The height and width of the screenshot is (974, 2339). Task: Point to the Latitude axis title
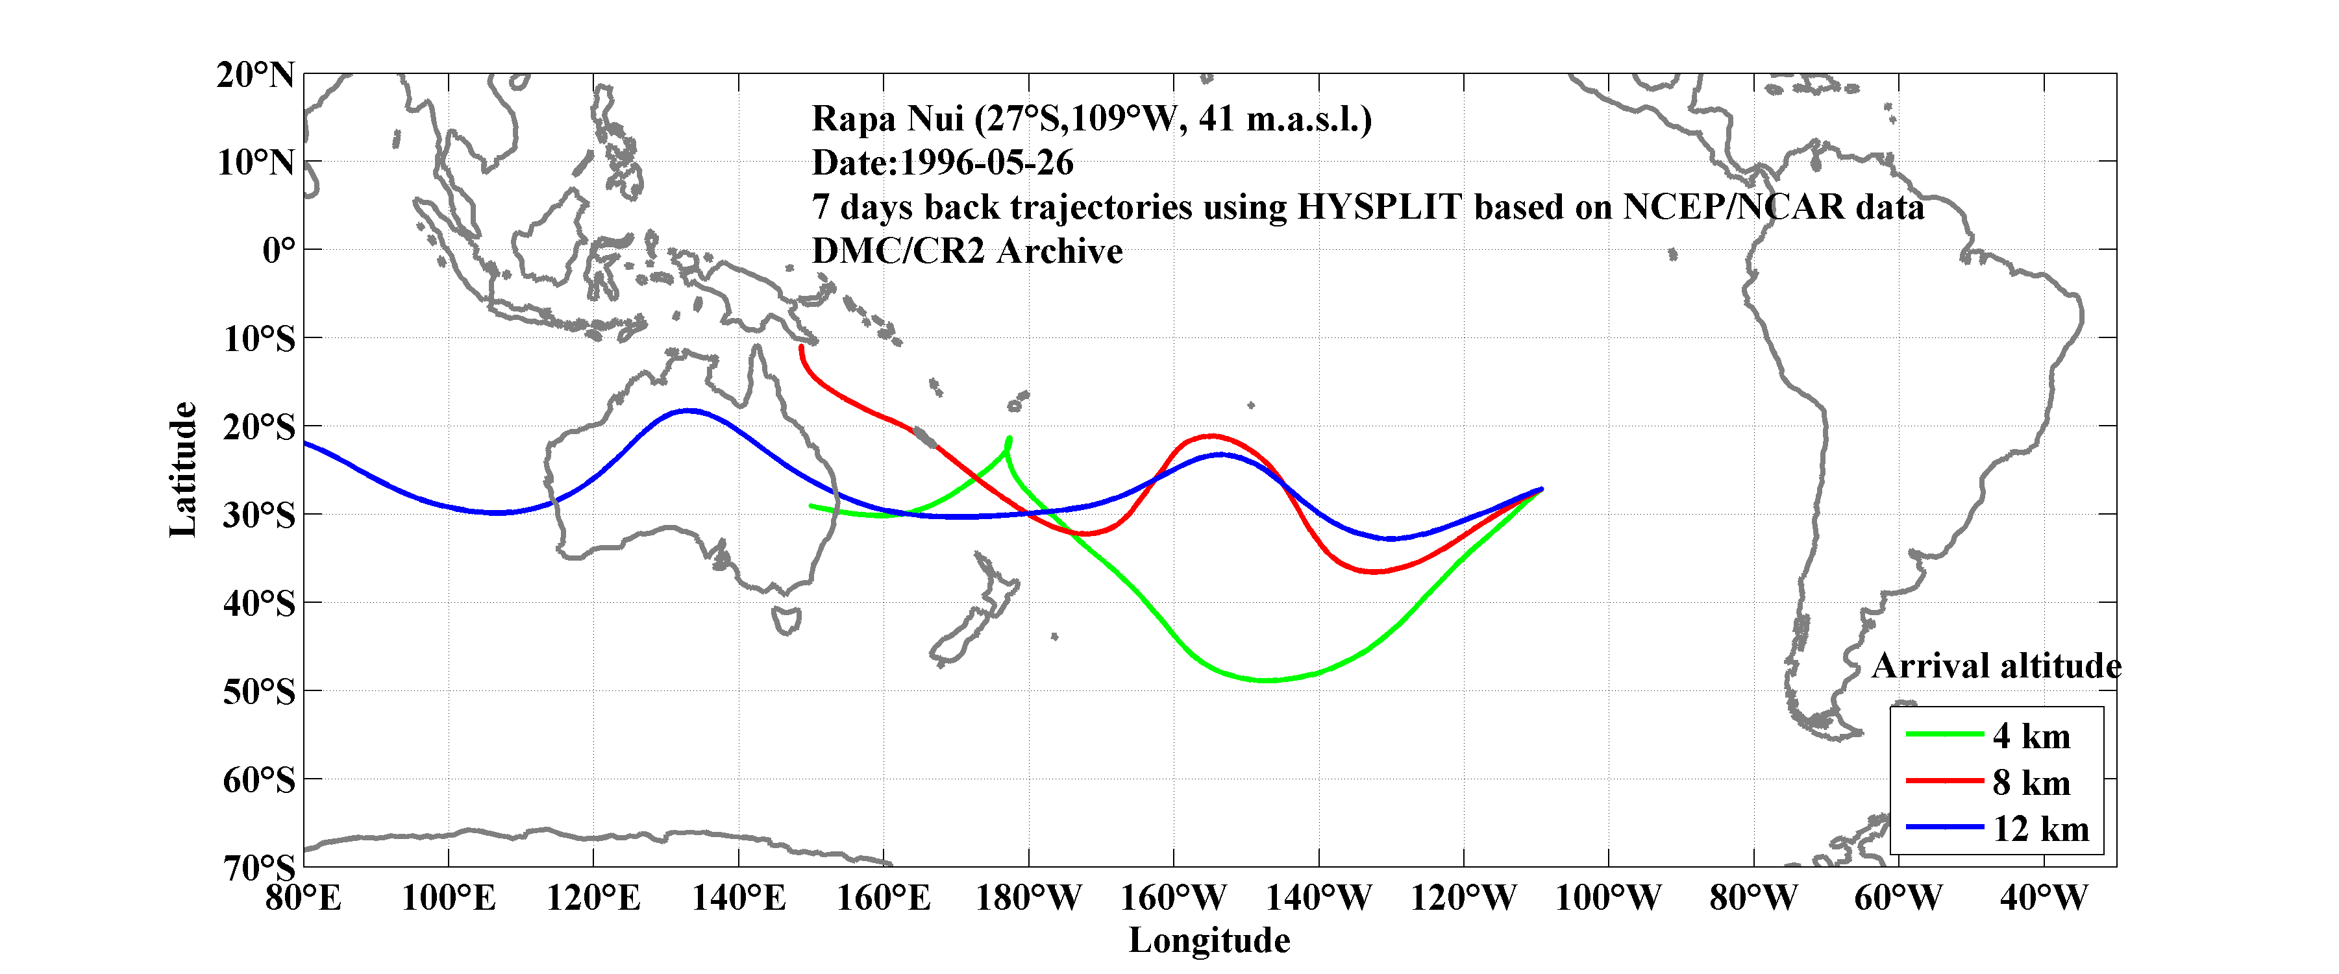point(182,469)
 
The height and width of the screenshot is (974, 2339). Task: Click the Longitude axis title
point(1209,940)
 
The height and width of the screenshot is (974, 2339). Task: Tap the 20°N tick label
point(255,75)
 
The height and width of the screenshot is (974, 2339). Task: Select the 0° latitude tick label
point(278,250)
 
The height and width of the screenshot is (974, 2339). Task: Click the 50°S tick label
point(259,692)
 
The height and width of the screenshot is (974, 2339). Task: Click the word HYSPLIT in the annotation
point(1378,207)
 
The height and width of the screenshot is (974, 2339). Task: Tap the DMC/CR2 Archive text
point(967,251)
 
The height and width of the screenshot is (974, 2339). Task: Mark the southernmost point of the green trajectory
point(1265,680)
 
